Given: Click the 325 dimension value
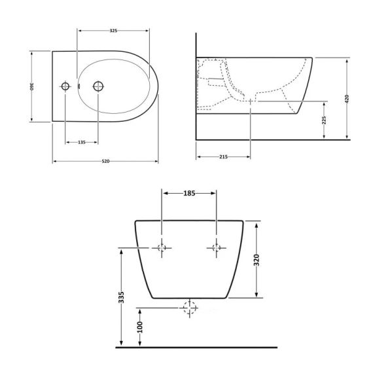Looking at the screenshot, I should [x=113, y=30].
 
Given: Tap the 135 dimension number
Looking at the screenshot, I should [x=82, y=142].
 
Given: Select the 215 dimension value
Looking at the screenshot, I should [x=223, y=158].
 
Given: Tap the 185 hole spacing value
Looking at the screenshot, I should [x=189, y=193].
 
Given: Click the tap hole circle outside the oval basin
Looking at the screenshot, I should [x=65, y=86].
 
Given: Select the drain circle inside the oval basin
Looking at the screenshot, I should [x=98, y=86].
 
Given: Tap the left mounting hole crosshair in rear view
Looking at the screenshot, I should [x=162, y=247].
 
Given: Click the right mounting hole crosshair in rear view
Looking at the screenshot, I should [x=216, y=247].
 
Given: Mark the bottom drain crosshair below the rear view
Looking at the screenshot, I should [x=189, y=306].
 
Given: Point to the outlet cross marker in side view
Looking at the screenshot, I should [x=251, y=102].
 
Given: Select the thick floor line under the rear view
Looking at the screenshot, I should [x=196, y=347].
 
